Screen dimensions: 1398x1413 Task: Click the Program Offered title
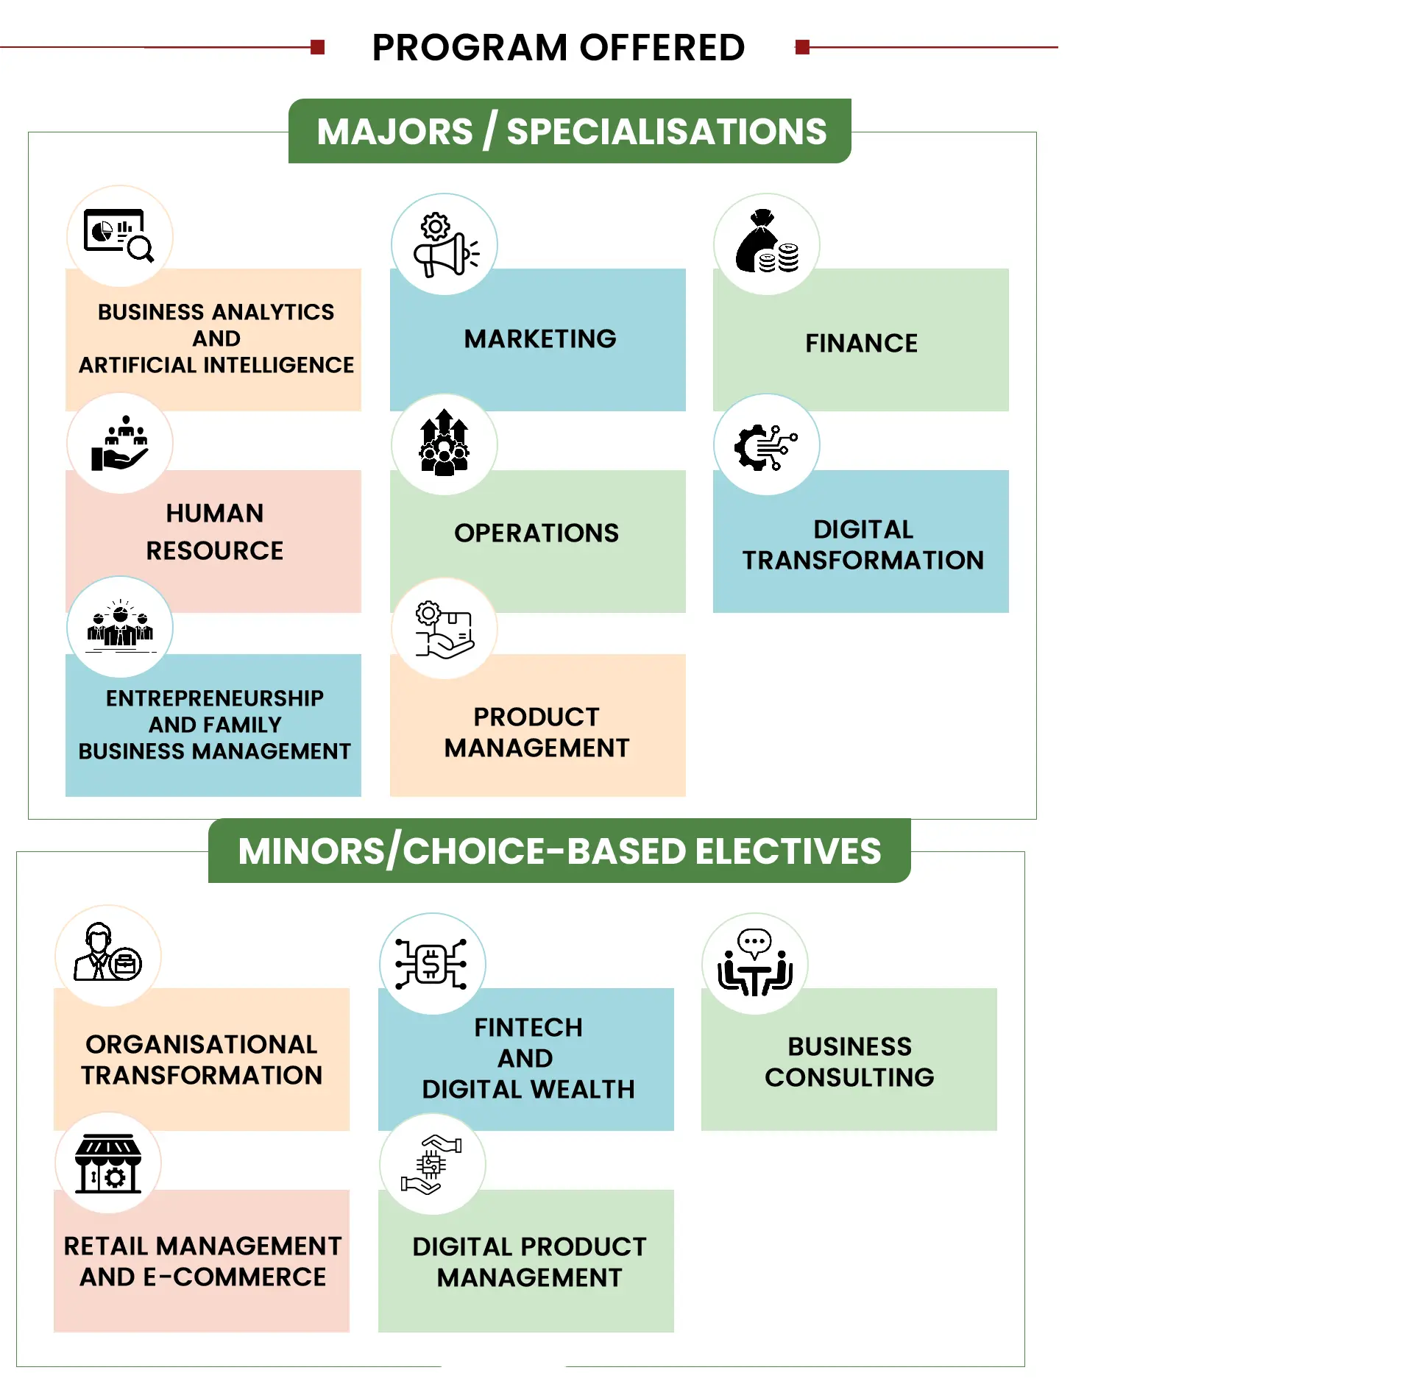[x=558, y=48]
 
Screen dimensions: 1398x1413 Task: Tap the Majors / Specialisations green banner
[x=570, y=132]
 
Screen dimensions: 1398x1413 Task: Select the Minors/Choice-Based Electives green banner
[x=559, y=851]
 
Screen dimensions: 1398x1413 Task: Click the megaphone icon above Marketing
[x=445, y=245]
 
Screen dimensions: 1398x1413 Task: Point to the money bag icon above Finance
[x=767, y=244]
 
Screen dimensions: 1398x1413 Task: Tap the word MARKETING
[x=540, y=339]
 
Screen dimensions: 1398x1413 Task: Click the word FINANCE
[x=861, y=344]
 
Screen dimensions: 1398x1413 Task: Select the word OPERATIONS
[x=536, y=533]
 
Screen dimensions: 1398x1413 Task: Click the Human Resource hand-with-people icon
[x=120, y=444]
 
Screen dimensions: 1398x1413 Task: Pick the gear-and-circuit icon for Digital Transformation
[x=766, y=446]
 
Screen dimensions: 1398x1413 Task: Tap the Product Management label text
[x=536, y=733]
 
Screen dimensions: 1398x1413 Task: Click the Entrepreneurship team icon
[x=120, y=627]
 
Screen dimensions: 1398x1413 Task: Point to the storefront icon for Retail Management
[x=108, y=1163]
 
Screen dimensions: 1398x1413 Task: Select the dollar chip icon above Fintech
[x=432, y=964]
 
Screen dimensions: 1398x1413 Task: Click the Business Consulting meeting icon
[x=755, y=964]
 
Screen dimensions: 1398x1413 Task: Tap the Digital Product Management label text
[x=529, y=1263]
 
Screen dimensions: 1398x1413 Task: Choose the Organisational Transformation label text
[x=202, y=1060]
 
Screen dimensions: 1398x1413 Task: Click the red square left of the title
[x=318, y=48]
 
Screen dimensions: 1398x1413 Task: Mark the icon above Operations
[x=444, y=444]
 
